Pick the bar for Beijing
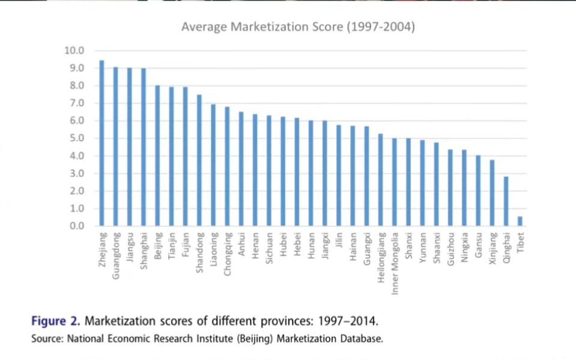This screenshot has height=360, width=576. pyautogui.click(x=157, y=156)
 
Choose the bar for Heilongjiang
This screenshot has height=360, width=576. pyautogui.click(x=381, y=180)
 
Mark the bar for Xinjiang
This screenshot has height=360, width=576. pyautogui.click(x=493, y=193)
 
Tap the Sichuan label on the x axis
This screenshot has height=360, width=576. pyautogui.click(x=269, y=249)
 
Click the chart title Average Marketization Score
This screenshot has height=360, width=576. pyautogui.click(x=299, y=26)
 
